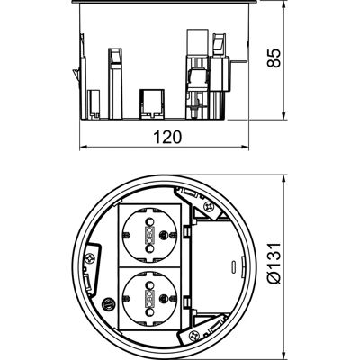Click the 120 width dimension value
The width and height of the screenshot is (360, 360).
(167, 137)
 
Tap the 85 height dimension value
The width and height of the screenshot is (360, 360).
(274, 58)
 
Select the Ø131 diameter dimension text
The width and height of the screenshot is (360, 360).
(274, 263)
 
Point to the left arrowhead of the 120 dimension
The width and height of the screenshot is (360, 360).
(84, 147)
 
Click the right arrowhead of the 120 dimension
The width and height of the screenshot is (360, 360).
(246, 147)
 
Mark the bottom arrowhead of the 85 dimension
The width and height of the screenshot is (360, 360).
(284, 116)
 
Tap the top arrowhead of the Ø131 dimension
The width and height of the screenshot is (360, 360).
(284, 178)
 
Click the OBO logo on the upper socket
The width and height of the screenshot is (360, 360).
(149, 235)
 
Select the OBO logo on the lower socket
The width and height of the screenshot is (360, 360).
(149, 297)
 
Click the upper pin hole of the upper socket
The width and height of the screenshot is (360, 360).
(149, 222)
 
